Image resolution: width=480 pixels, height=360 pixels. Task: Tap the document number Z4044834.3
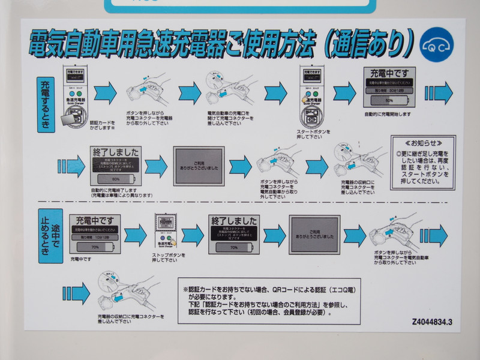point(432,322)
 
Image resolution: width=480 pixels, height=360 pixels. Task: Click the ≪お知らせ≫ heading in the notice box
point(422,144)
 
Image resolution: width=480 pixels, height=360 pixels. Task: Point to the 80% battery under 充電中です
point(389,100)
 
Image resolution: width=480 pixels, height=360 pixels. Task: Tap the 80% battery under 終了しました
point(116,179)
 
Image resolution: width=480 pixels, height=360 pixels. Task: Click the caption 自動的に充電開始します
point(388,113)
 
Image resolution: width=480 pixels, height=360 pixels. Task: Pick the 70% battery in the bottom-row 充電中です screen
point(94,246)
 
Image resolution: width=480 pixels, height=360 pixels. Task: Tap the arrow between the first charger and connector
point(106,92)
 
